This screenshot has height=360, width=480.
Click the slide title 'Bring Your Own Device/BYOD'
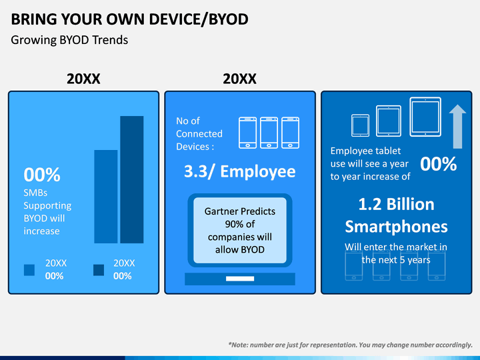click(x=129, y=19)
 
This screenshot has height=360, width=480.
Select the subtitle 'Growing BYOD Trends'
click(x=69, y=40)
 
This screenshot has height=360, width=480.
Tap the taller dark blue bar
click(x=131, y=179)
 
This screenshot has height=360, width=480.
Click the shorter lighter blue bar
click(x=105, y=196)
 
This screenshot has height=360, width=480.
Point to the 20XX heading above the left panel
click(x=83, y=79)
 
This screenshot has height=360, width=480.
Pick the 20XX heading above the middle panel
click(x=239, y=79)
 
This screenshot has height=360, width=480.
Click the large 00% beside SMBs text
click(x=42, y=175)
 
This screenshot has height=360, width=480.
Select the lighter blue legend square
click(x=29, y=269)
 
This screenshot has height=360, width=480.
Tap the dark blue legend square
click(x=99, y=269)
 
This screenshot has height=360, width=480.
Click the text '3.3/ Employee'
click(x=239, y=171)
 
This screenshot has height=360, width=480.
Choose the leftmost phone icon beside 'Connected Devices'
click(x=247, y=132)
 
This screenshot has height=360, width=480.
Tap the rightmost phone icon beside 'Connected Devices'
click(x=290, y=132)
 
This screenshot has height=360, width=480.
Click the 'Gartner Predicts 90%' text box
click(x=239, y=230)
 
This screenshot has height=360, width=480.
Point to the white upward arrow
click(x=457, y=127)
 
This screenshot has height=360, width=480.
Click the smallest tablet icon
click(x=360, y=124)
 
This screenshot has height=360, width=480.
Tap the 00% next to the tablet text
click(x=438, y=164)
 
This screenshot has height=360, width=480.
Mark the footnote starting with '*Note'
click(x=350, y=345)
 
